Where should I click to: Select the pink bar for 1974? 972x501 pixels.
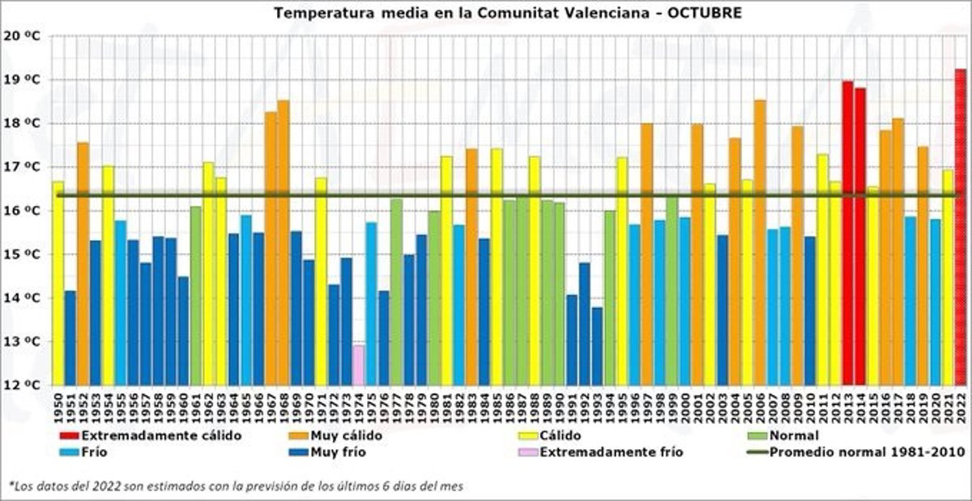(359, 365)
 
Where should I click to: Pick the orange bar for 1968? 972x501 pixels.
(283, 242)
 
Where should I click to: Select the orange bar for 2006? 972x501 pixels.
(760, 242)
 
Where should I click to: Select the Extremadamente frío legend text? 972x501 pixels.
(612, 452)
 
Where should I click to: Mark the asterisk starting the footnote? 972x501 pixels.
(11, 484)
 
